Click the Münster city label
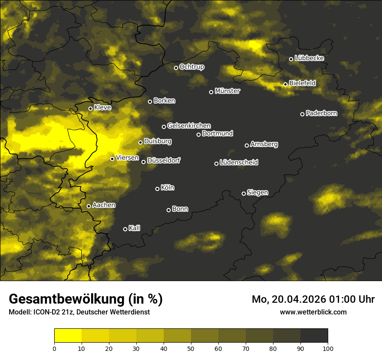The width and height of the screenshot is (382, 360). click(x=227, y=91)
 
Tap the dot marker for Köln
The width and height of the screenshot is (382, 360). click(x=157, y=189)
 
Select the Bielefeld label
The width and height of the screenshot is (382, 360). click(x=302, y=83)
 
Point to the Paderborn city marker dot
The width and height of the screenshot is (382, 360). click(x=302, y=114)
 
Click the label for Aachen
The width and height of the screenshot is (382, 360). click(x=104, y=205)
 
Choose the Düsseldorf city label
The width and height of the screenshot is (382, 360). click(x=164, y=161)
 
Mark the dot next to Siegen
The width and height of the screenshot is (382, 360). click(x=244, y=193)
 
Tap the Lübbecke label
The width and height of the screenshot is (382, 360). click(x=309, y=58)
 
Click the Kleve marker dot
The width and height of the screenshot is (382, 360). click(x=90, y=109)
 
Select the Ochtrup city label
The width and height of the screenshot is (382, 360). click(x=192, y=67)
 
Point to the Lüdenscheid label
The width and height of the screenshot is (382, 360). click(x=239, y=163)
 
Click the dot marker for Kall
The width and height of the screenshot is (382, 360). click(x=125, y=229)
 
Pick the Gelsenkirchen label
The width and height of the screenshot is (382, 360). click(x=189, y=126)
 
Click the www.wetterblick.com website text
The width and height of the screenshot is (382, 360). click(x=313, y=312)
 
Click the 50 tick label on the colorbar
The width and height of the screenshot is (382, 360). click(x=191, y=348)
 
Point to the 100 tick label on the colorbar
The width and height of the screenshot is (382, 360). click(x=327, y=348)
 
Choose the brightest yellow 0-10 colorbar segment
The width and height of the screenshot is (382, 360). click(x=68, y=336)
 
